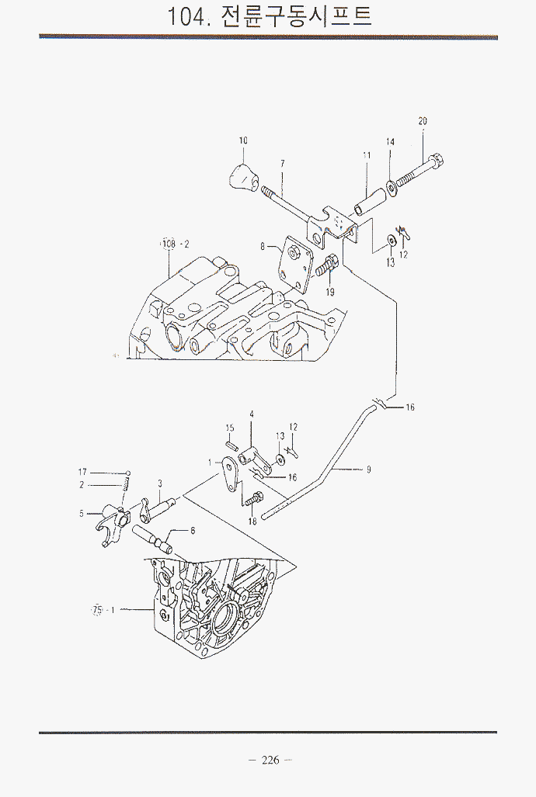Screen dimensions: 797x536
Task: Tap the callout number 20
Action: (x=423, y=121)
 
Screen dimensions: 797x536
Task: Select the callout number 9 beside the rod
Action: (x=369, y=469)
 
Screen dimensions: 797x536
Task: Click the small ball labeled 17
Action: (x=128, y=472)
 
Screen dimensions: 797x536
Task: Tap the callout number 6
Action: (x=193, y=530)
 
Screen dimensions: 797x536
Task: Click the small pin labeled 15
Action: (x=231, y=445)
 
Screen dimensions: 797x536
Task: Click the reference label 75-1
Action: (x=103, y=610)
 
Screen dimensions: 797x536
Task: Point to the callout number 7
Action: (x=282, y=163)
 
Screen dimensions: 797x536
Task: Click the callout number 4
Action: (x=252, y=415)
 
